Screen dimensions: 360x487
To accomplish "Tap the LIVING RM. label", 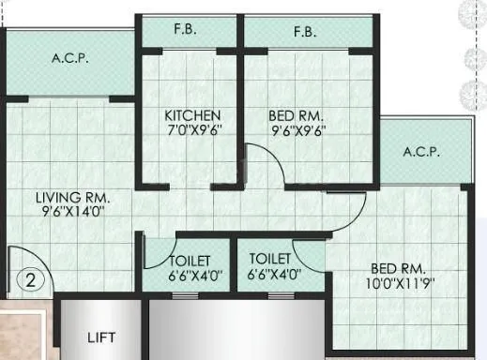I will click(73, 198).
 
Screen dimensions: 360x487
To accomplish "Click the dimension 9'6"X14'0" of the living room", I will click(73, 213).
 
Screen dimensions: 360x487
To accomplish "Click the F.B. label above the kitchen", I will click(185, 31).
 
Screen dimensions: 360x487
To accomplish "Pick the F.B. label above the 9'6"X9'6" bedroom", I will click(302, 31).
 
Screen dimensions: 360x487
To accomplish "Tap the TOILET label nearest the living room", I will click(189, 261).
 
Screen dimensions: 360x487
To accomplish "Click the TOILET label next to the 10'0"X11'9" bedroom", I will click(270, 260).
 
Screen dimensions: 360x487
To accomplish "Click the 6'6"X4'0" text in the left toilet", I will click(189, 276).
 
